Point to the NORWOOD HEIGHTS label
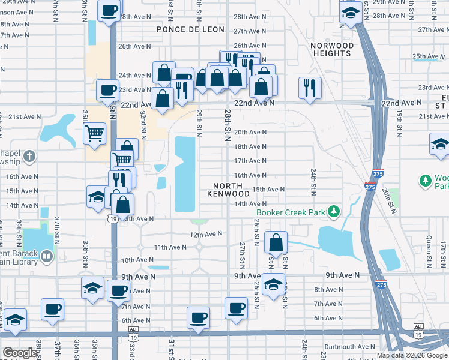pyautogui.click(x=332, y=49)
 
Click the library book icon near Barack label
pyautogui.click(x=46, y=257)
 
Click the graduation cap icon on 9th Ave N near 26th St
pyautogui.click(x=273, y=285)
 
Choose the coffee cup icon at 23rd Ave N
pyautogui.click(x=107, y=90)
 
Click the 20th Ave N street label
pyautogui.click(x=250, y=132)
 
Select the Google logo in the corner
pyautogui.click(x=20, y=353)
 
